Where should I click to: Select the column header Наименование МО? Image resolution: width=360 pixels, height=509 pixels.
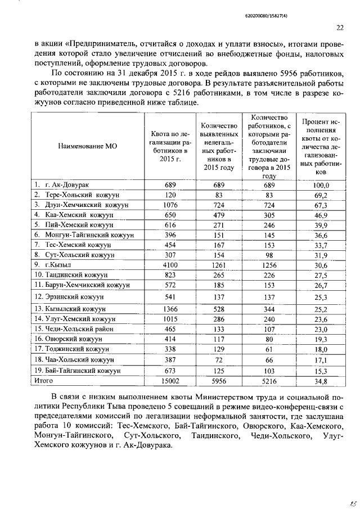click(87, 145)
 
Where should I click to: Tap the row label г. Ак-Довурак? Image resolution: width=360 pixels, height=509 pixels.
click(67, 184)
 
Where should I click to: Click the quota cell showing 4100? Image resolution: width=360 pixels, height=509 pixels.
click(171, 264)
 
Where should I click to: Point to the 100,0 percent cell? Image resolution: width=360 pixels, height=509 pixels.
click(322, 185)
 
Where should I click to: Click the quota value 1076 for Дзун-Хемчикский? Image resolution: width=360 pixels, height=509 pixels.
click(171, 205)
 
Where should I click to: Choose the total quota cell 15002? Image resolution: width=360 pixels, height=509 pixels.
click(171, 381)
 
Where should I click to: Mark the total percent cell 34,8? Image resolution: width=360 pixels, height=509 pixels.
click(322, 381)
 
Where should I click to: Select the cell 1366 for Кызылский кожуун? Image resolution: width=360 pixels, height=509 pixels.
click(171, 309)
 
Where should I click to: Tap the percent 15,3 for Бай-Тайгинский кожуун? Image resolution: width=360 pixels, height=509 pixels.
click(322, 371)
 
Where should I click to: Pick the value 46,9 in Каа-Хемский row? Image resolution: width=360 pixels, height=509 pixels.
click(322, 215)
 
